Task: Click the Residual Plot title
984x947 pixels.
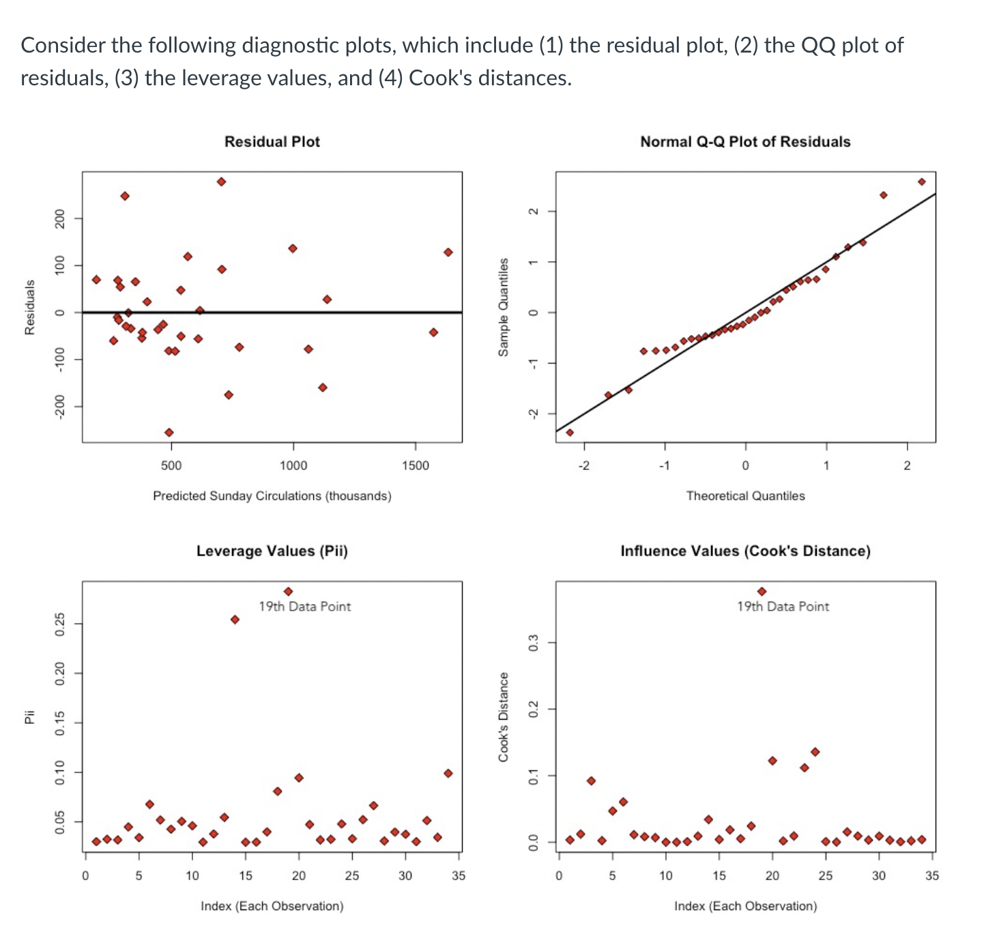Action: point(272,142)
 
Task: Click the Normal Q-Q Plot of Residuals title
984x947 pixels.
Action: point(745,142)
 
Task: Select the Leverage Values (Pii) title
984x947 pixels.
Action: point(272,551)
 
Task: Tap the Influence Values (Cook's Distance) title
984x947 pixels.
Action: point(745,551)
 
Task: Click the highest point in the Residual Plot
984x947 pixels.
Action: point(221,181)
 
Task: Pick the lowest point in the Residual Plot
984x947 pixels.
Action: point(169,432)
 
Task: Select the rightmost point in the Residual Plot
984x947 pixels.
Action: point(448,252)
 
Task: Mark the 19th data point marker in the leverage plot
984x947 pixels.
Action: point(288,592)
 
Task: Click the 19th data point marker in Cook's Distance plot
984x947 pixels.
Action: point(762,592)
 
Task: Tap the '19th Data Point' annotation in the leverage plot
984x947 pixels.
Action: point(304,607)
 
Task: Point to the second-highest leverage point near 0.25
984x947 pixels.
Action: point(235,620)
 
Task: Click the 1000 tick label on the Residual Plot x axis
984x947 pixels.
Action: point(293,466)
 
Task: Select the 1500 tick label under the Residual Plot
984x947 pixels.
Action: point(416,466)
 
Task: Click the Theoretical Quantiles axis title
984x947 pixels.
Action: point(745,496)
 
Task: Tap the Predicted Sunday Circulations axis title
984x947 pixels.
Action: point(272,496)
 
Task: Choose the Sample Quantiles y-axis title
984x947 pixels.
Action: point(503,306)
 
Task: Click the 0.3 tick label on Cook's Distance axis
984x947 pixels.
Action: point(534,642)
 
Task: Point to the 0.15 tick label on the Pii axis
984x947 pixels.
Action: point(60,723)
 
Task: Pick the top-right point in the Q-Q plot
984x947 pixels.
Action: point(921,181)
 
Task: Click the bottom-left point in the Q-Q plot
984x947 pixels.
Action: point(570,432)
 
